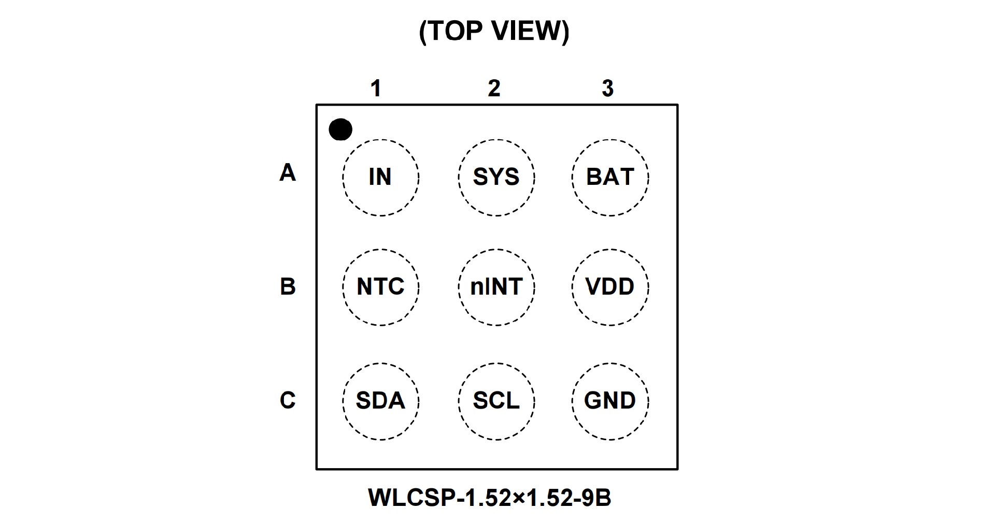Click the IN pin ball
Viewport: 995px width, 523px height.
[380, 177]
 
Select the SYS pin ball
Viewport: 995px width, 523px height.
[496, 177]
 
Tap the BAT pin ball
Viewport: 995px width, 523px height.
[610, 177]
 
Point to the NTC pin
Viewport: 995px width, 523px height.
[380, 287]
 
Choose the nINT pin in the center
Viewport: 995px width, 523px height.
[496, 287]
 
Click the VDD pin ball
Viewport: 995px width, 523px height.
[610, 287]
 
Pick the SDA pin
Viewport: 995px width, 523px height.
[380, 401]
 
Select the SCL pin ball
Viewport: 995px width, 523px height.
[496, 401]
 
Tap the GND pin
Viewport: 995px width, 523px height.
[610, 401]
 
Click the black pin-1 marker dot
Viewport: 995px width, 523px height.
[340, 129]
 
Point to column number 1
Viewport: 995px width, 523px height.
[376, 89]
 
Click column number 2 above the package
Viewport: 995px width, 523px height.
[494, 89]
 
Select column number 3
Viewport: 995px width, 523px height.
[608, 89]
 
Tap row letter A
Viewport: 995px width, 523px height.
[288, 172]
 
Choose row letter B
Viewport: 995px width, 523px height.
[288, 286]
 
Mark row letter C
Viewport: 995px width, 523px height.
[288, 400]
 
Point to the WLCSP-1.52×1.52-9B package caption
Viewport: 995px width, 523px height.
[490, 498]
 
